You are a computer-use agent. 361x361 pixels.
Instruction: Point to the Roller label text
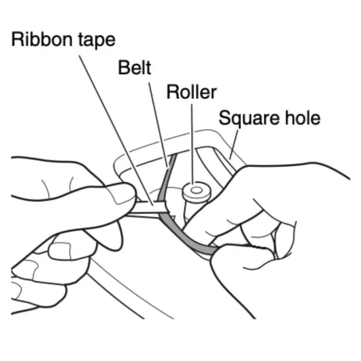pos(192,92)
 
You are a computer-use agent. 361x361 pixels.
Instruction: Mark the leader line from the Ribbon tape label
pos(117,127)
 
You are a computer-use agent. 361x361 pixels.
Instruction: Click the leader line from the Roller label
pos(192,142)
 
